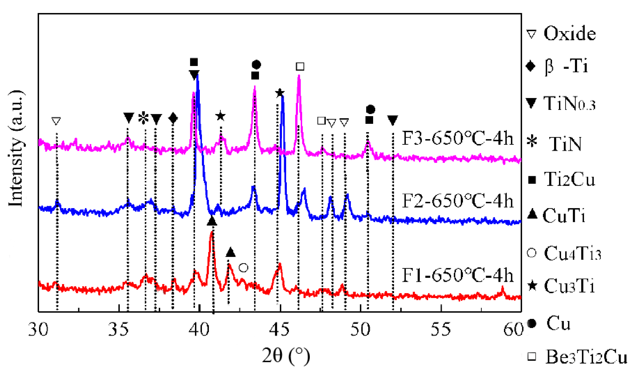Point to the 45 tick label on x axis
tap(279, 329)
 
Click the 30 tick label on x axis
tap(38, 329)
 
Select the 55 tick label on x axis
tap(441, 329)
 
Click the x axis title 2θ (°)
tap(286, 356)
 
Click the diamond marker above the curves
tap(173, 118)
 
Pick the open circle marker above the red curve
tap(243, 268)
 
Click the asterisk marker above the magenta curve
tap(143, 118)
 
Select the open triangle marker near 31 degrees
tap(56, 121)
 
